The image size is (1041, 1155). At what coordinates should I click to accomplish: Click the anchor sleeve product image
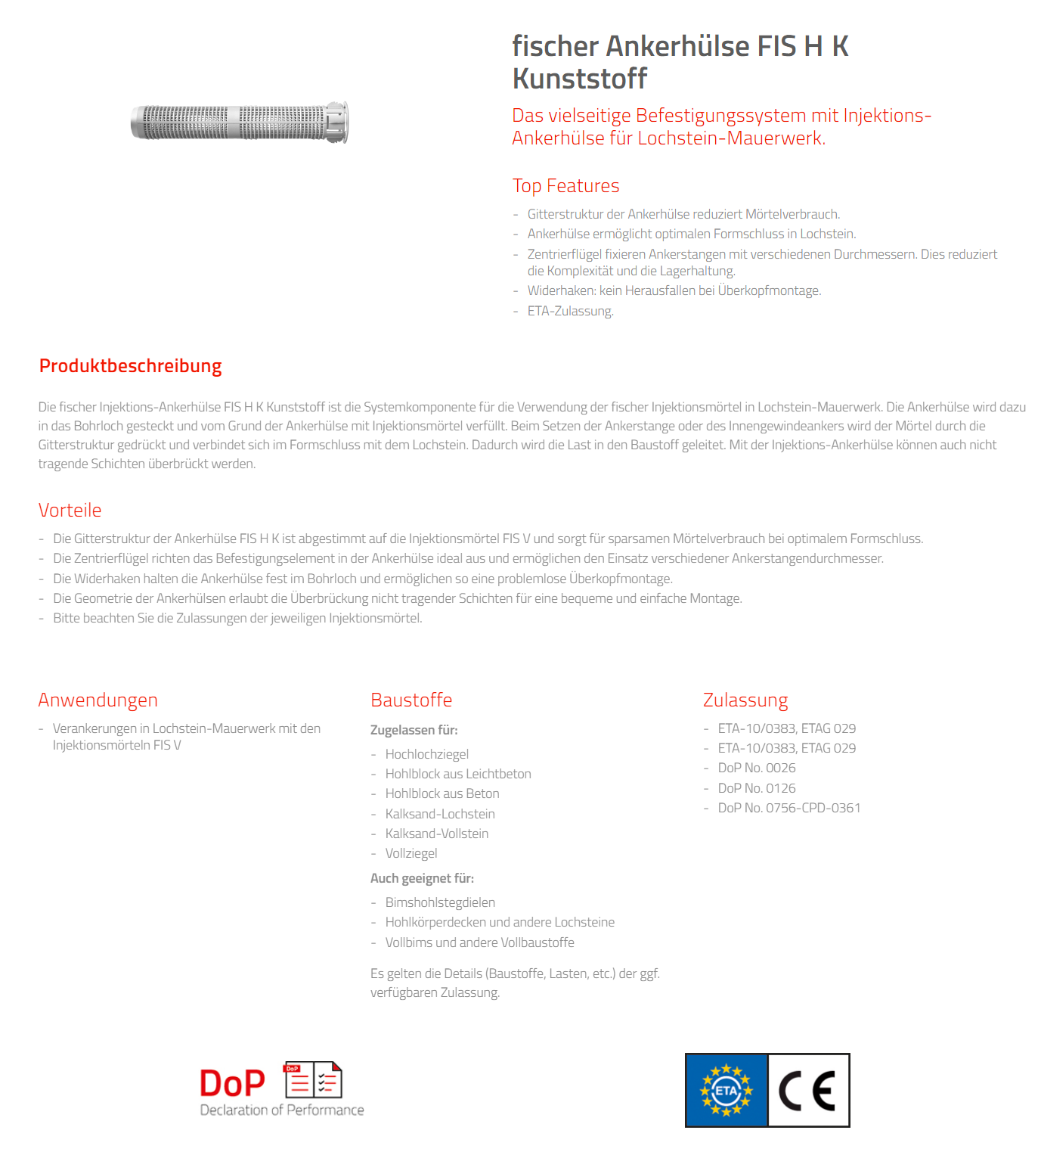click(238, 123)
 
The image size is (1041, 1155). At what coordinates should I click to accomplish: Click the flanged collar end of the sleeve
click(338, 122)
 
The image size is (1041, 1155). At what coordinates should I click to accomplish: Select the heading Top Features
click(565, 186)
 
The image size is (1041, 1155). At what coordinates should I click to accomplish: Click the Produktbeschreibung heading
click(130, 366)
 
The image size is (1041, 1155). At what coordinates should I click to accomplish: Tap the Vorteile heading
click(70, 511)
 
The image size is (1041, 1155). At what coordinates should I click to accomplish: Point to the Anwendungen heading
click(98, 700)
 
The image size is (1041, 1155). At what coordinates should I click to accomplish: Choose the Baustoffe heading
click(411, 700)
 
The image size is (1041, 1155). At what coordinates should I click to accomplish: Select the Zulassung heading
click(745, 700)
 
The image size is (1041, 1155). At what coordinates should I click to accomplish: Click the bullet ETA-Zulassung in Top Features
click(570, 311)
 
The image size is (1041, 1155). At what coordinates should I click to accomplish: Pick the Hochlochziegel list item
click(426, 754)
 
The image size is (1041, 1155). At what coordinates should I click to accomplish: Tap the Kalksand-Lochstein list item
click(440, 814)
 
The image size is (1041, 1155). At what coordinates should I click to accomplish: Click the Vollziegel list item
click(411, 853)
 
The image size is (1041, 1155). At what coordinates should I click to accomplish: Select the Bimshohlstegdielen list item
click(440, 902)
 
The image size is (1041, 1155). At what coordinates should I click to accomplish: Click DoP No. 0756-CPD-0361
click(788, 808)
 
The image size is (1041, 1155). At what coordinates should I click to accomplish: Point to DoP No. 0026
click(756, 768)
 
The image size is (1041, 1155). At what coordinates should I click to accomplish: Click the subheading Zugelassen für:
click(414, 730)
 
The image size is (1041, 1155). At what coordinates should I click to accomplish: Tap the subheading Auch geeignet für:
click(422, 878)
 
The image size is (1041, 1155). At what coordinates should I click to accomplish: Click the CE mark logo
click(808, 1091)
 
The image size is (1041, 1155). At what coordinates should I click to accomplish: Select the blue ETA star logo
click(727, 1091)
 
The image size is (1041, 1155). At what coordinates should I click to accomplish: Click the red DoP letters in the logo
click(232, 1083)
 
